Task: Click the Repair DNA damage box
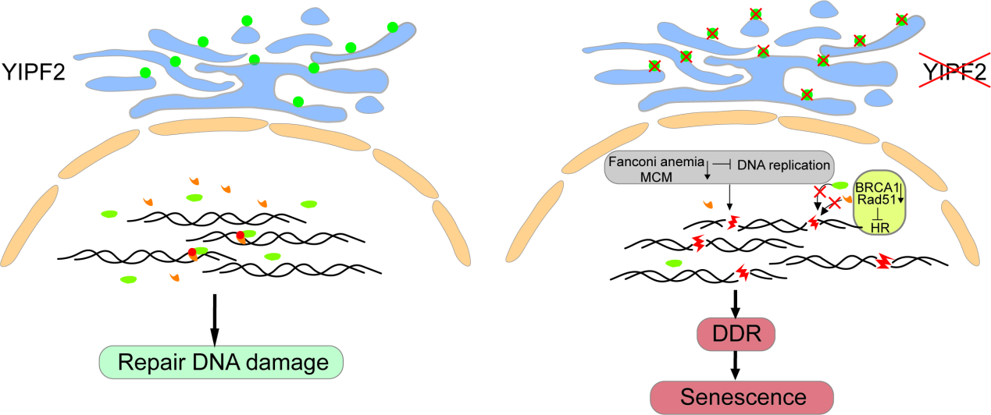point(221,361)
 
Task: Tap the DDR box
point(735,334)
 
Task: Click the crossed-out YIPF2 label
point(954,74)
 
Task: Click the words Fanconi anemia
point(657,163)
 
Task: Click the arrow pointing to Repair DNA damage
point(214,318)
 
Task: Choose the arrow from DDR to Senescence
point(735,365)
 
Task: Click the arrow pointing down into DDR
point(735,303)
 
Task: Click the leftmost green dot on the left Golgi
point(145,73)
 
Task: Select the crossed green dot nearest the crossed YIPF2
point(901,20)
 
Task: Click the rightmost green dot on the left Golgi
point(392,27)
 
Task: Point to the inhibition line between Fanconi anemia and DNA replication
point(722,163)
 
